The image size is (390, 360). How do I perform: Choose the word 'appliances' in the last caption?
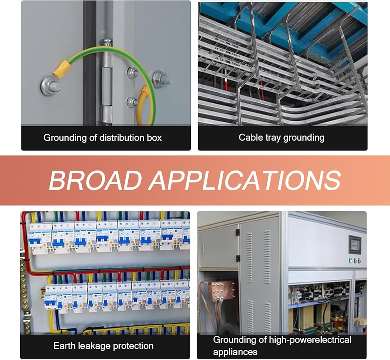[x=235, y=352]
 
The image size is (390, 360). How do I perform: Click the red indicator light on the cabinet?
[x=359, y=260]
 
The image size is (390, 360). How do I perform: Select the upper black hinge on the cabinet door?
[x=237, y=233]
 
